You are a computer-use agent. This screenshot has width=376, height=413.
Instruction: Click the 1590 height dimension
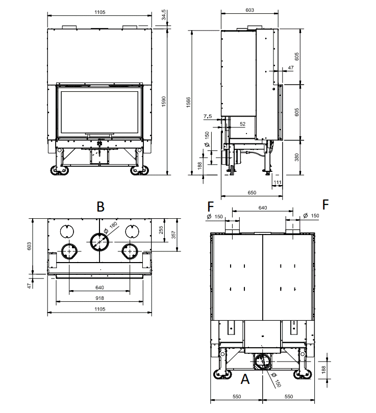(x=164, y=101)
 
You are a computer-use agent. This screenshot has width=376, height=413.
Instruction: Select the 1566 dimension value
(x=188, y=102)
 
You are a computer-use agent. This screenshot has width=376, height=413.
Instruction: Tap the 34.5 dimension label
(x=164, y=15)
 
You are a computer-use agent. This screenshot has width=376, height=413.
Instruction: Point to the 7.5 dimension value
(x=208, y=116)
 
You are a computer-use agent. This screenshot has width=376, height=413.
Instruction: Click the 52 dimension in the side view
(x=243, y=124)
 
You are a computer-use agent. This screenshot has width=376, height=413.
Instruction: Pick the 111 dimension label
(x=278, y=182)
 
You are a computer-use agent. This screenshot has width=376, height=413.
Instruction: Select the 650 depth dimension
(x=252, y=193)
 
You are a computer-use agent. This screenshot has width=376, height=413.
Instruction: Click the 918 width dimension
(x=99, y=298)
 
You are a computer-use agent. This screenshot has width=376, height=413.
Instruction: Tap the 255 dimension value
(x=161, y=230)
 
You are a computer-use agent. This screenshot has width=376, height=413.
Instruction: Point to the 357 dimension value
(x=173, y=235)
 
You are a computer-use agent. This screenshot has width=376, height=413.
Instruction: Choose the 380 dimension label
(x=297, y=157)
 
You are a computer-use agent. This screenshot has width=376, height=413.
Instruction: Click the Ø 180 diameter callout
(x=110, y=228)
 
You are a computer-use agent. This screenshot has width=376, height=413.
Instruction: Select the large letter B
(x=101, y=207)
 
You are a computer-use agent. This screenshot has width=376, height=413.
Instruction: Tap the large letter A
(x=245, y=379)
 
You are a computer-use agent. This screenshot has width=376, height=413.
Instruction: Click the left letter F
(x=211, y=206)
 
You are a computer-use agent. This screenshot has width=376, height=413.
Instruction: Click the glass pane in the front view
(x=100, y=112)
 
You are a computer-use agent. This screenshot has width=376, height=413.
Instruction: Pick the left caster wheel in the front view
(x=60, y=170)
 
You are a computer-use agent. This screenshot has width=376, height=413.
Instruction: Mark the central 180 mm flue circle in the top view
(x=99, y=242)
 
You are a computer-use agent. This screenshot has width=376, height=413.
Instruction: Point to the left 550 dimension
(x=237, y=396)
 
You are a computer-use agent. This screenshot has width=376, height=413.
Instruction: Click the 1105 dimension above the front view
(x=100, y=12)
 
